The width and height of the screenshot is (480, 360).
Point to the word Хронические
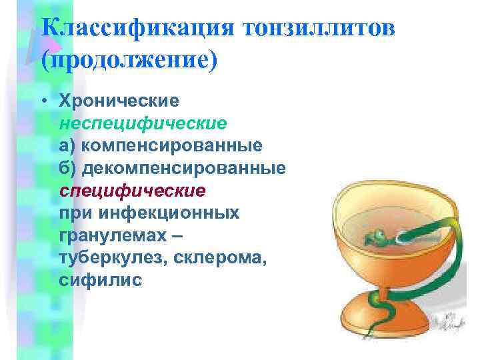[x=119, y=101]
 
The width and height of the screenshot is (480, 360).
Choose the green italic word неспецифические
[x=143, y=123]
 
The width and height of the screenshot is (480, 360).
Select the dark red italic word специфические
[x=132, y=191]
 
